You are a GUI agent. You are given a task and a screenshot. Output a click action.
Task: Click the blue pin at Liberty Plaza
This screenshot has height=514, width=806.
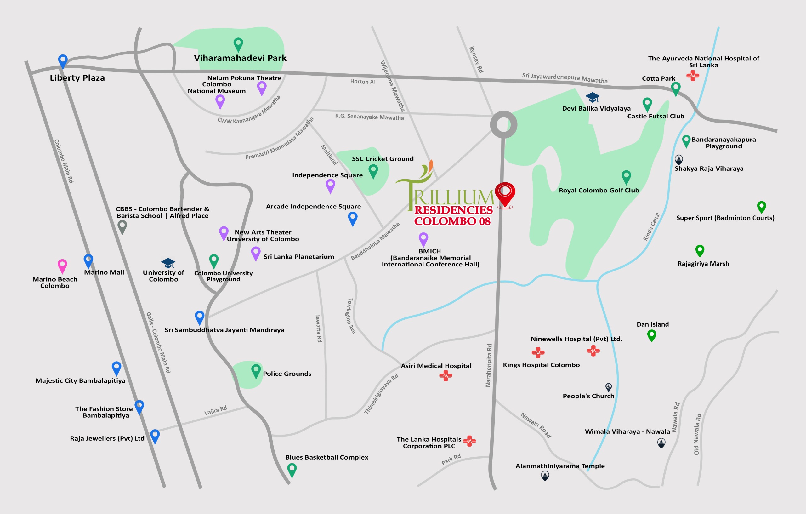[63, 61]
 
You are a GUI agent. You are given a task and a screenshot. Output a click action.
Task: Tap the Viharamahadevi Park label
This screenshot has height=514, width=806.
[240, 58]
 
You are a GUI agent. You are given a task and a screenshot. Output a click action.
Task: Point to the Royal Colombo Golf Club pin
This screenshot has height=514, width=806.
[626, 176]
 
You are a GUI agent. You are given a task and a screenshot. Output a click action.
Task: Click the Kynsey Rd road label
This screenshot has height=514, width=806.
[476, 60]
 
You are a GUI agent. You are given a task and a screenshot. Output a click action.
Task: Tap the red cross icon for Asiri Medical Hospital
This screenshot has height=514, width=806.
[446, 376]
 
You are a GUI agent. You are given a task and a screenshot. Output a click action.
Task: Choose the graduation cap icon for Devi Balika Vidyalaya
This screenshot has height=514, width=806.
[592, 97]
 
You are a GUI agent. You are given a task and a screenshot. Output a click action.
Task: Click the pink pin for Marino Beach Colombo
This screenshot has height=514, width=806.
[62, 266]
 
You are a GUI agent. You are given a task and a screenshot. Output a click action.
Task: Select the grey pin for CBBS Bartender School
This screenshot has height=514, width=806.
[122, 227]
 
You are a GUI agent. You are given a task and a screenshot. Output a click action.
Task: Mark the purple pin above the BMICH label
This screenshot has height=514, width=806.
[423, 239]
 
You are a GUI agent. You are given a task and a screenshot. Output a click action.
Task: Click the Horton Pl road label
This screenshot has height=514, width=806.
[362, 82]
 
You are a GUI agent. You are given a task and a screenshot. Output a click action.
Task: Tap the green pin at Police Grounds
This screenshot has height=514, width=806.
[256, 371]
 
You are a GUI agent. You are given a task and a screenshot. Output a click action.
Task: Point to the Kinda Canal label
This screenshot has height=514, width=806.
[651, 227]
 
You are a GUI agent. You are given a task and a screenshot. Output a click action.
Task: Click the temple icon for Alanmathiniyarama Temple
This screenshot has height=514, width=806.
[545, 476]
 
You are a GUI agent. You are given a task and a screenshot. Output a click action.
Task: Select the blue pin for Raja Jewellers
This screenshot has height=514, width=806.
[155, 436]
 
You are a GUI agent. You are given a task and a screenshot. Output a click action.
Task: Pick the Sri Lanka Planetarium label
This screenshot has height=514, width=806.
[298, 257]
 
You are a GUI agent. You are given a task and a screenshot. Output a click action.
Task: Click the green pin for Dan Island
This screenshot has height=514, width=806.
[651, 335]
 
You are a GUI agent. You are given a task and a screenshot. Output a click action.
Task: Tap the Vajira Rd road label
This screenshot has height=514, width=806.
[216, 410]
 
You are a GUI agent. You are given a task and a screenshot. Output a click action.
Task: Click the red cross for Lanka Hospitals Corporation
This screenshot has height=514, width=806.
[470, 441]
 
